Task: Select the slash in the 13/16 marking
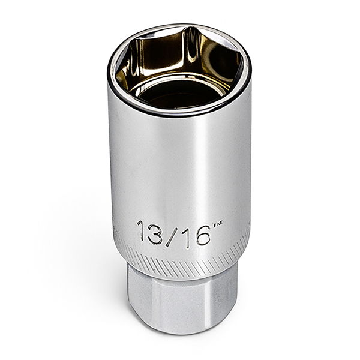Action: pos(171,232)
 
